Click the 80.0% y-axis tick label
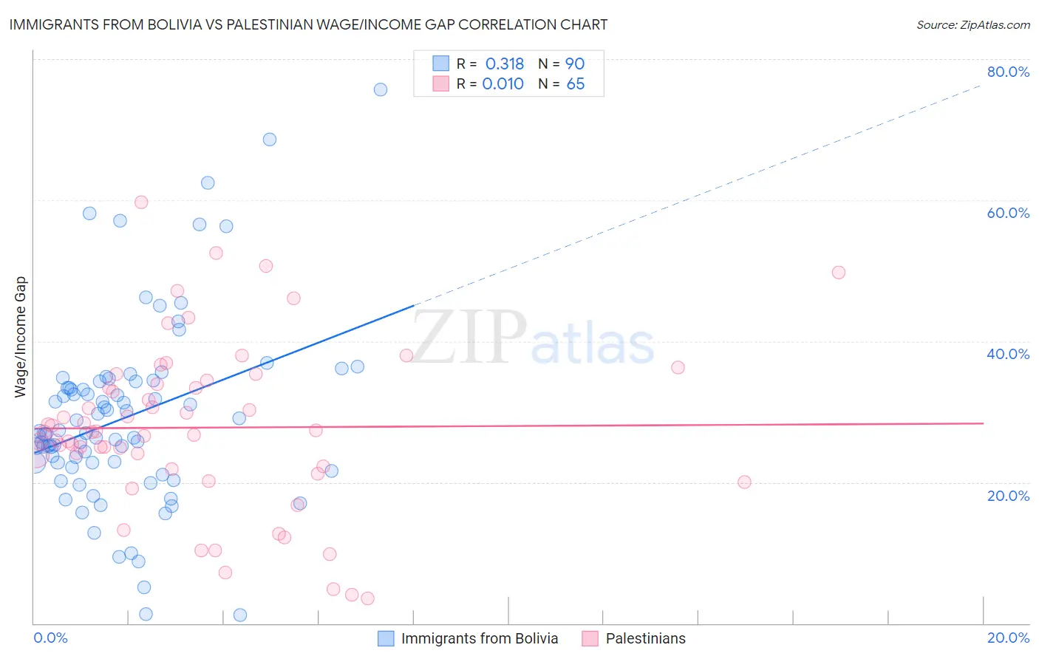pyautogui.click(x=1008, y=72)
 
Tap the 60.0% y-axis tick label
pyautogui.click(x=1008, y=213)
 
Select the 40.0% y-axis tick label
pyautogui.click(x=1008, y=354)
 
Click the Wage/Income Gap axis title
pyautogui.click(x=21, y=337)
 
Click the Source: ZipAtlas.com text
pyautogui.click(x=972, y=25)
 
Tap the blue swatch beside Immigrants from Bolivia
pyautogui.click(x=386, y=638)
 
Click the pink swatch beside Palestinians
pyautogui.click(x=590, y=638)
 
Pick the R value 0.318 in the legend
pyautogui.click(x=504, y=64)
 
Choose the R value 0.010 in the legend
pyautogui.click(x=503, y=84)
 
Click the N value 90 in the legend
pyautogui.click(x=575, y=64)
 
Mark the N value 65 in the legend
pyautogui.click(x=575, y=84)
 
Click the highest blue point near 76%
pyautogui.click(x=381, y=89)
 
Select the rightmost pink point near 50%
pyautogui.click(x=838, y=273)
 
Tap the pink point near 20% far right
pyautogui.click(x=744, y=482)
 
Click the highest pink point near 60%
pyautogui.click(x=141, y=202)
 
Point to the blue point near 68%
pyautogui.click(x=270, y=140)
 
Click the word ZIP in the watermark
pyautogui.click(x=469, y=338)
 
